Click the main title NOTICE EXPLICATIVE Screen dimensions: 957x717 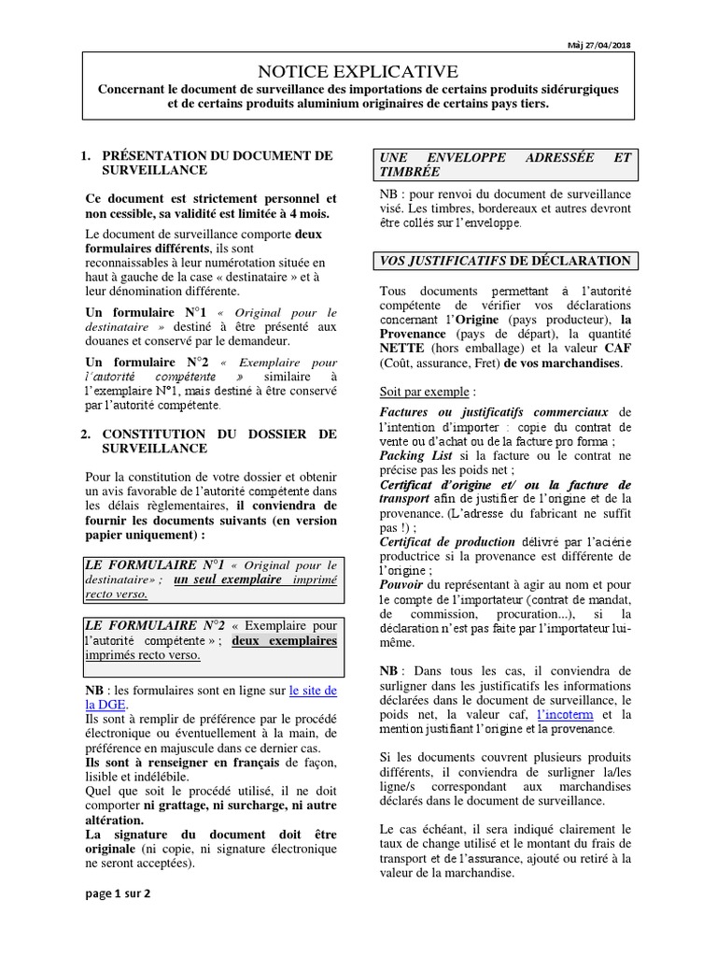coord(358,71)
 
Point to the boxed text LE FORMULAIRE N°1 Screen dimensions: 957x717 coord(150,565)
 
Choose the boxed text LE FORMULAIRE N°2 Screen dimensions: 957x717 coord(150,624)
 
